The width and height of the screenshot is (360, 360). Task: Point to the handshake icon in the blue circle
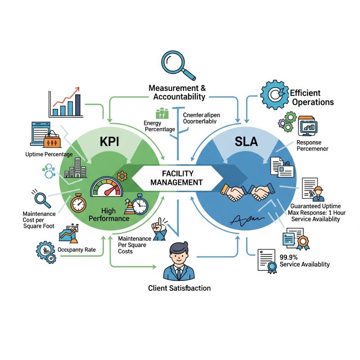click(247, 193)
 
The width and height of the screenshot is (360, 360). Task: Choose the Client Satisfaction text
click(179, 288)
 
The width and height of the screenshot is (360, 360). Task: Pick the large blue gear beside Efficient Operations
click(273, 95)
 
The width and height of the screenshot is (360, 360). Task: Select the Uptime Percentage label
click(50, 154)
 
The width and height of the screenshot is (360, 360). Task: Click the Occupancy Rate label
click(80, 249)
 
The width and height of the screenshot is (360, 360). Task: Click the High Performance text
click(109, 214)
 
